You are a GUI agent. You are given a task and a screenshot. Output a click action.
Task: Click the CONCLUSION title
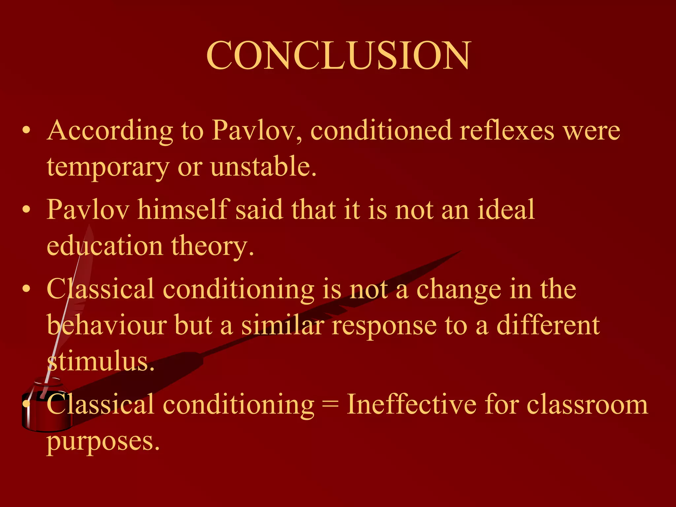click(x=339, y=55)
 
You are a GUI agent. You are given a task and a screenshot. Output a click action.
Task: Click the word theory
click(x=213, y=246)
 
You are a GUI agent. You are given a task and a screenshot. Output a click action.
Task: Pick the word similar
click(x=283, y=325)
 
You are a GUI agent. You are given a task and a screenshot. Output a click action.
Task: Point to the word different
click(x=548, y=325)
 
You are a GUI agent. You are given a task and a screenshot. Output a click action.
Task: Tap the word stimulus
click(x=101, y=362)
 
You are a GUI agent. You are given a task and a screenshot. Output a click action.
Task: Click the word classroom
click(x=587, y=405)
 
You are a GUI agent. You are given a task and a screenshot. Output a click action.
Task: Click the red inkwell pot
click(x=46, y=409)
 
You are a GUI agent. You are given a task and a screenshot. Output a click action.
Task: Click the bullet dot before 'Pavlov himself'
click(x=27, y=210)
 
